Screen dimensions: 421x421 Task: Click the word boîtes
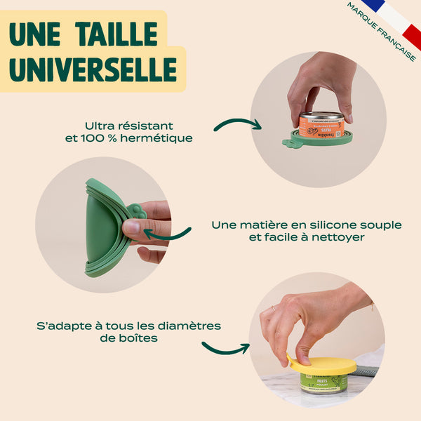click(137, 338)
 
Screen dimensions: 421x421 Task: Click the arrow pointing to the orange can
click(236, 124)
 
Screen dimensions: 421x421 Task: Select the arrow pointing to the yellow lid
click(225, 347)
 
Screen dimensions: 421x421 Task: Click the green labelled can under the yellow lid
click(323, 382)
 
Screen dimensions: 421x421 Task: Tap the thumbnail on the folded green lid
click(132, 226)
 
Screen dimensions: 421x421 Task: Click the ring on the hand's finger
click(273, 308)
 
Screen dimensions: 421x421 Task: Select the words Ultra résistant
click(128, 126)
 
